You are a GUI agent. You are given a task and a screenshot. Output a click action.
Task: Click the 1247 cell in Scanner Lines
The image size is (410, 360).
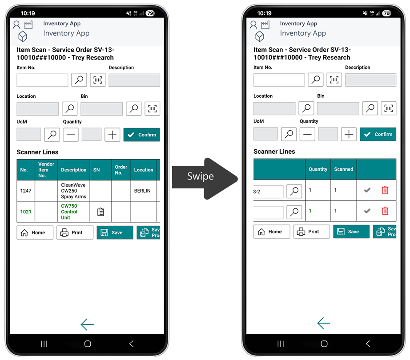click(x=26, y=191)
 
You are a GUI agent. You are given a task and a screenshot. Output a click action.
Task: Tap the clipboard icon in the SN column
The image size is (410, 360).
click(x=100, y=212)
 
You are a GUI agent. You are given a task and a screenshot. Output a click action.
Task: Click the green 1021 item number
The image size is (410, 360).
click(x=26, y=212)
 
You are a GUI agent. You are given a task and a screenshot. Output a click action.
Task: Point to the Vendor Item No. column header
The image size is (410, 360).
click(x=46, y=170)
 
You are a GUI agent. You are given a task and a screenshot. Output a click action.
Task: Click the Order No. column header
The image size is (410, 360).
click(x=121, y=170)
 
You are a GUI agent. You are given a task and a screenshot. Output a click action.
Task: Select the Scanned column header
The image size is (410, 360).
click(x=344, y=169)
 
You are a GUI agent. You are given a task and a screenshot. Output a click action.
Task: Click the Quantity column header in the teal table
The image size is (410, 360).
click(x=318, y=169)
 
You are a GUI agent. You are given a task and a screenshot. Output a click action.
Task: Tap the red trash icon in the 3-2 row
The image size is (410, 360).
click(x=385, y=190)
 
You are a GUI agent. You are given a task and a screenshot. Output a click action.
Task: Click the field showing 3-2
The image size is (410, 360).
click(x=268, y=192)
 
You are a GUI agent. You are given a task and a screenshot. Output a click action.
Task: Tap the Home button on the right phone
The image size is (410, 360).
click(x=272, y=232)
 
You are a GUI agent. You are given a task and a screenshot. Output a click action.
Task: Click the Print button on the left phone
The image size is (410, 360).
click(x=75, y=232)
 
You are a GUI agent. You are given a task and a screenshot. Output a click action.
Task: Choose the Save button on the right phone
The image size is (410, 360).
click(x=351, y=232)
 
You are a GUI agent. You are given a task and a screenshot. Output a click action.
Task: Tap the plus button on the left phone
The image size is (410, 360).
click(x=112, y=135)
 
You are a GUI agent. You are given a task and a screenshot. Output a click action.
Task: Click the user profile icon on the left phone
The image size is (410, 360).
click(x=16, y=25)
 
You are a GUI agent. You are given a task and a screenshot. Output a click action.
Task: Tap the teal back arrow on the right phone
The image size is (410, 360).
click(x=324, y=323)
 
